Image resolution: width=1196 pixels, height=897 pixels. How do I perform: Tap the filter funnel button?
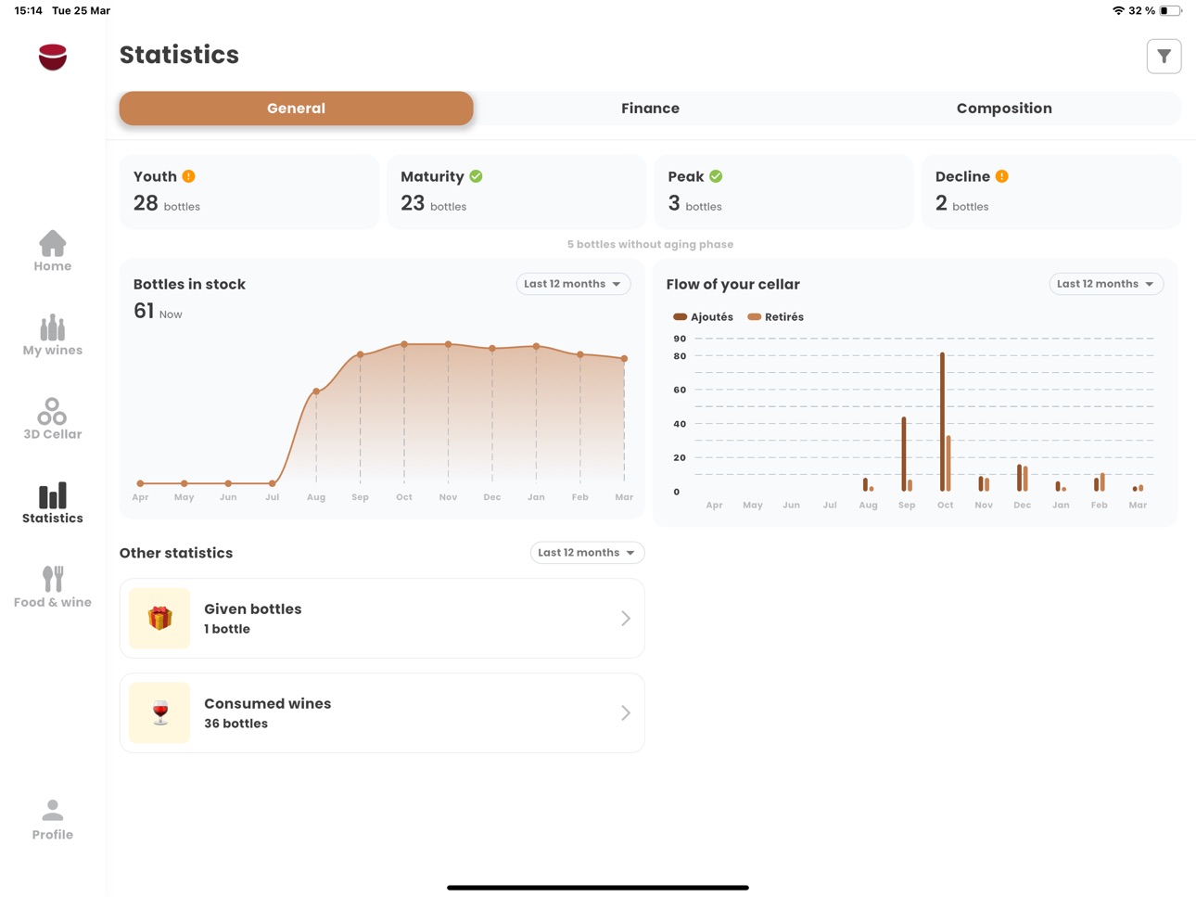click(1164, 57)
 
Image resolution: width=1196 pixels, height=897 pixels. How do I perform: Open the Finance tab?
click(650, 108)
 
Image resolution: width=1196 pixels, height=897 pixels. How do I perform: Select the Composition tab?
click(1004, 109)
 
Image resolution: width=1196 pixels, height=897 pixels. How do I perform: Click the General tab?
click(296, 108)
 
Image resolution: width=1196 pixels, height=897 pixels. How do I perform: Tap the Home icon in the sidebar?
click(52, 243)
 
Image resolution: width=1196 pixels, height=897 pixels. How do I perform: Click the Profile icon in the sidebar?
click(52, 811)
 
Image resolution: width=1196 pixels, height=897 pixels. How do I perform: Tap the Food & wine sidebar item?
click(52, 587)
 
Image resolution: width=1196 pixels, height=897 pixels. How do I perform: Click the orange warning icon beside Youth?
click(188, 176)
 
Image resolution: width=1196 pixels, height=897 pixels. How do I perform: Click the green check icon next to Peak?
click(716, 176)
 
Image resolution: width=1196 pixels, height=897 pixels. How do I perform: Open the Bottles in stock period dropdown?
click(573, 284)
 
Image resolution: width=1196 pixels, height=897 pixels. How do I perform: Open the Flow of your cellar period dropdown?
click(1105, 284)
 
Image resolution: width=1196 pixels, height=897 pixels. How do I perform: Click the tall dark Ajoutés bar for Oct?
click(942, 422)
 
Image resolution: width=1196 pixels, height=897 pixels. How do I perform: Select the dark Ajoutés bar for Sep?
click(903, 454)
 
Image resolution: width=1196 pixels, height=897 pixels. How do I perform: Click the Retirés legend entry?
click(775, 316)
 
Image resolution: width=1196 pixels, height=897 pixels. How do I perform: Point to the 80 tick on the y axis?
click(680, 356)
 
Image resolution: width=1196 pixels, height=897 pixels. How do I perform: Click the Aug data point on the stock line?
click(316, 391)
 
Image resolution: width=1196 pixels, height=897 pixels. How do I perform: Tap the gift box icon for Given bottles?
click(159, 618)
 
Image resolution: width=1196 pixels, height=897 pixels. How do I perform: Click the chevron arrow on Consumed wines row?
click(626, 712)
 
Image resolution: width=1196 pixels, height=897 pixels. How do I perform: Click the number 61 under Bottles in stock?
click(144, 311)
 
